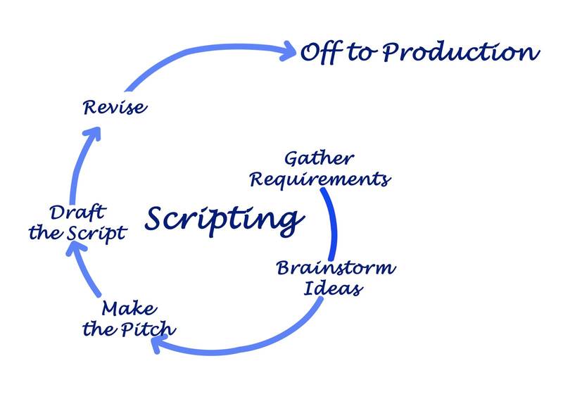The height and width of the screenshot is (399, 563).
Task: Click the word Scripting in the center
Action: click(220, 220)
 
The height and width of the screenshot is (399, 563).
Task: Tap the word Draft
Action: click(77, 213)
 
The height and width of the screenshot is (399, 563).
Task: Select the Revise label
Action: click(114, 108)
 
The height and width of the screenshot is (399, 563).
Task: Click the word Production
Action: click(466, 53)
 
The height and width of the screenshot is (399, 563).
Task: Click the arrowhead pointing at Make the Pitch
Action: click(160, 344)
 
